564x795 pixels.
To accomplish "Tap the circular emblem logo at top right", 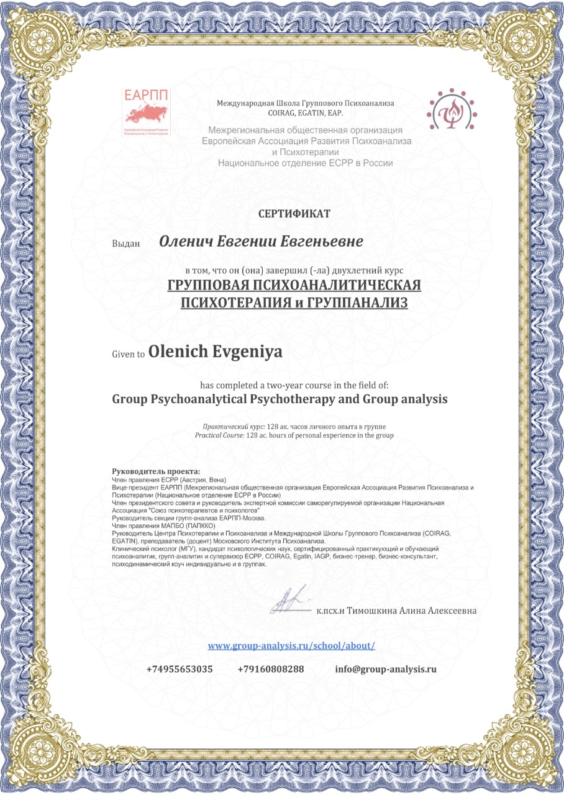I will (x=451, y=112).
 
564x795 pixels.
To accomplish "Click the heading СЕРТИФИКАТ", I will (x=294, y=214).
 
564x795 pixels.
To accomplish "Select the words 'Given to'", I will (x=129, y=354).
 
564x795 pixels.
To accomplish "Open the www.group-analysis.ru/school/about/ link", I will (x=291, y=646).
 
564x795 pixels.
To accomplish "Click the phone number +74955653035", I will (x=180, y=670).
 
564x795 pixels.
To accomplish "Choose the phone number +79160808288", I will (x=271, y=670).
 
